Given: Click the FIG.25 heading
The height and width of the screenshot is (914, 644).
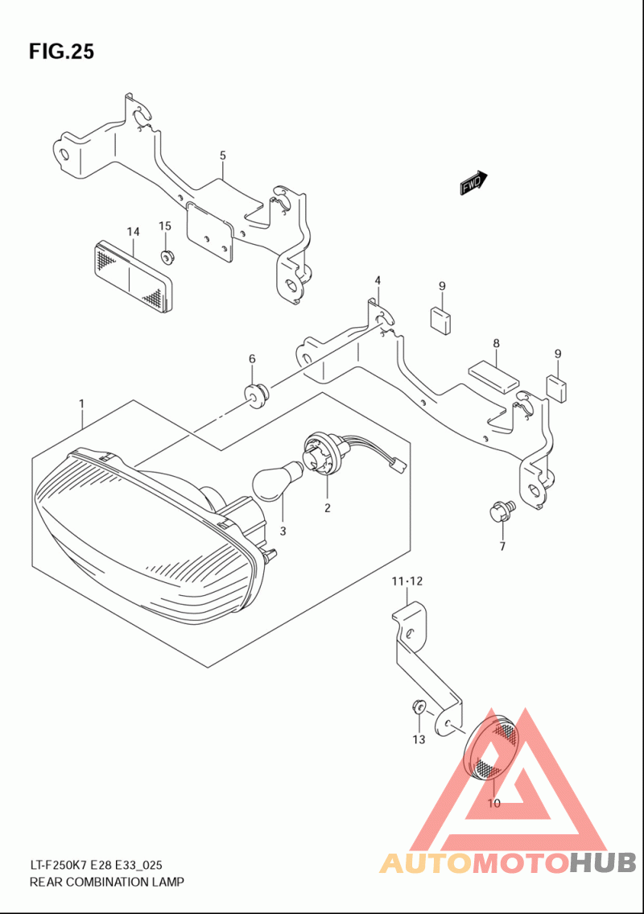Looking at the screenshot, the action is click(x=61, y=52).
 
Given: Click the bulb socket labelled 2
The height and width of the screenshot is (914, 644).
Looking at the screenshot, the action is click(x=318, y=451).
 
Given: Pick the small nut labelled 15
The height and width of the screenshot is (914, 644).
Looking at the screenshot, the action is click(x=168, y=256).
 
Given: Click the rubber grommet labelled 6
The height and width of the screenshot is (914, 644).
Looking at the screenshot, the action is click(x=256, y=395).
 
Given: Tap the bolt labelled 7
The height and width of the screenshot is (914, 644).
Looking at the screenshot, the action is click(x=501, y=509).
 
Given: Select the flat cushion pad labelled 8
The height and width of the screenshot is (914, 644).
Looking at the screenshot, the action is click(x=493, y=376).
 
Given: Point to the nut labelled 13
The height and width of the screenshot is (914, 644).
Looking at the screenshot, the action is click(x=418, y=708).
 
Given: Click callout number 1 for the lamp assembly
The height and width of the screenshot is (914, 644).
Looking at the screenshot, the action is click(x=81, y=403).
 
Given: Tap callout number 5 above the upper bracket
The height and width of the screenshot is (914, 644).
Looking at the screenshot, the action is click(x=223, y=155).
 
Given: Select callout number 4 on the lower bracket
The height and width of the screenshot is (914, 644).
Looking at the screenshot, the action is click(x=378, y=281).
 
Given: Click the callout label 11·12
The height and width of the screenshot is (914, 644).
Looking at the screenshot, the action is click(x=407, y=581).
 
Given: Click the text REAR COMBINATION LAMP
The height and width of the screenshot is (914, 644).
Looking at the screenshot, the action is click(x=106, y=881).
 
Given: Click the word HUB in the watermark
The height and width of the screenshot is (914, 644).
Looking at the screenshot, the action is click(x=603, y=862).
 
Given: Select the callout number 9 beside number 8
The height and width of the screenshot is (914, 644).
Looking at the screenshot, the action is click(x=558, y=354).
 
